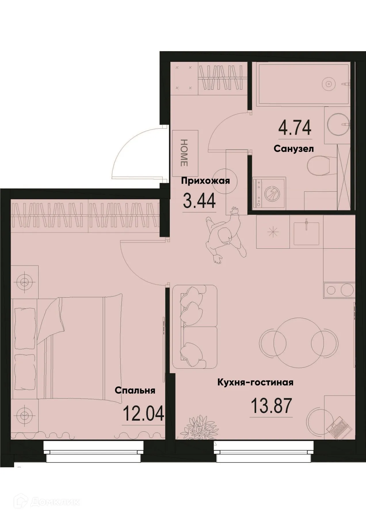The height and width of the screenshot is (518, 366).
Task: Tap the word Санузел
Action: [x=293, y=149]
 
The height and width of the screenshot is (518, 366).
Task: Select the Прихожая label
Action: [x=205, y=181]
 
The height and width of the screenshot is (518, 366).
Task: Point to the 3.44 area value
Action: [x=199, y=201]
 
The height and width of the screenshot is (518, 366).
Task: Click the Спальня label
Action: [x=135, y=391]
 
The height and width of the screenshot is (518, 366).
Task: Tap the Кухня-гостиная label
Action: [x=255, y=382]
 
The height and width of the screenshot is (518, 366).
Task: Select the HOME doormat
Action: [x=185, y=153]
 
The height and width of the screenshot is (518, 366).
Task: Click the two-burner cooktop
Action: [x=338, y=290]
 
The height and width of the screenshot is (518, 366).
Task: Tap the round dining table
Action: [x=297, y=338]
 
